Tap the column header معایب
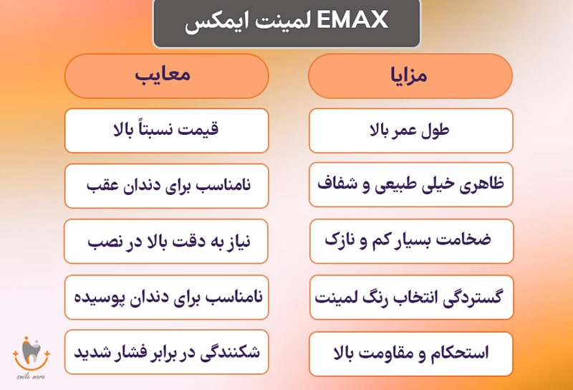pyautogui.click(x=166, y=75)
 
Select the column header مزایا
pyautogui.click(x=410, y=75)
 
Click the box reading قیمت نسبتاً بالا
pyautogui.click(x=166, y=130)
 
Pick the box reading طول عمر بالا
pyautogui.click(x=410, y=130)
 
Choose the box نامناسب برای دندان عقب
pyautogui.click(x=166, y=186)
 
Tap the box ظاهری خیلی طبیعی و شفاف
pyautogui.click(x=410, y=186)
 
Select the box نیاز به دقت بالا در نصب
pyautogui.click(x=166, y=241)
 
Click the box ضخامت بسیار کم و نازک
pyautogui.click(x=410, y=241)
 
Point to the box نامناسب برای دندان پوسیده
pyautogui.click(x=166, y=296)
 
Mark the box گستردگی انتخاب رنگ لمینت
pyautogui.click(x=410, y=296)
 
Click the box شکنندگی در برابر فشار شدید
pyautogui.click(x=166, y=352)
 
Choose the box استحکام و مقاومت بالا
pyautogui.click(x=410, y=352)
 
